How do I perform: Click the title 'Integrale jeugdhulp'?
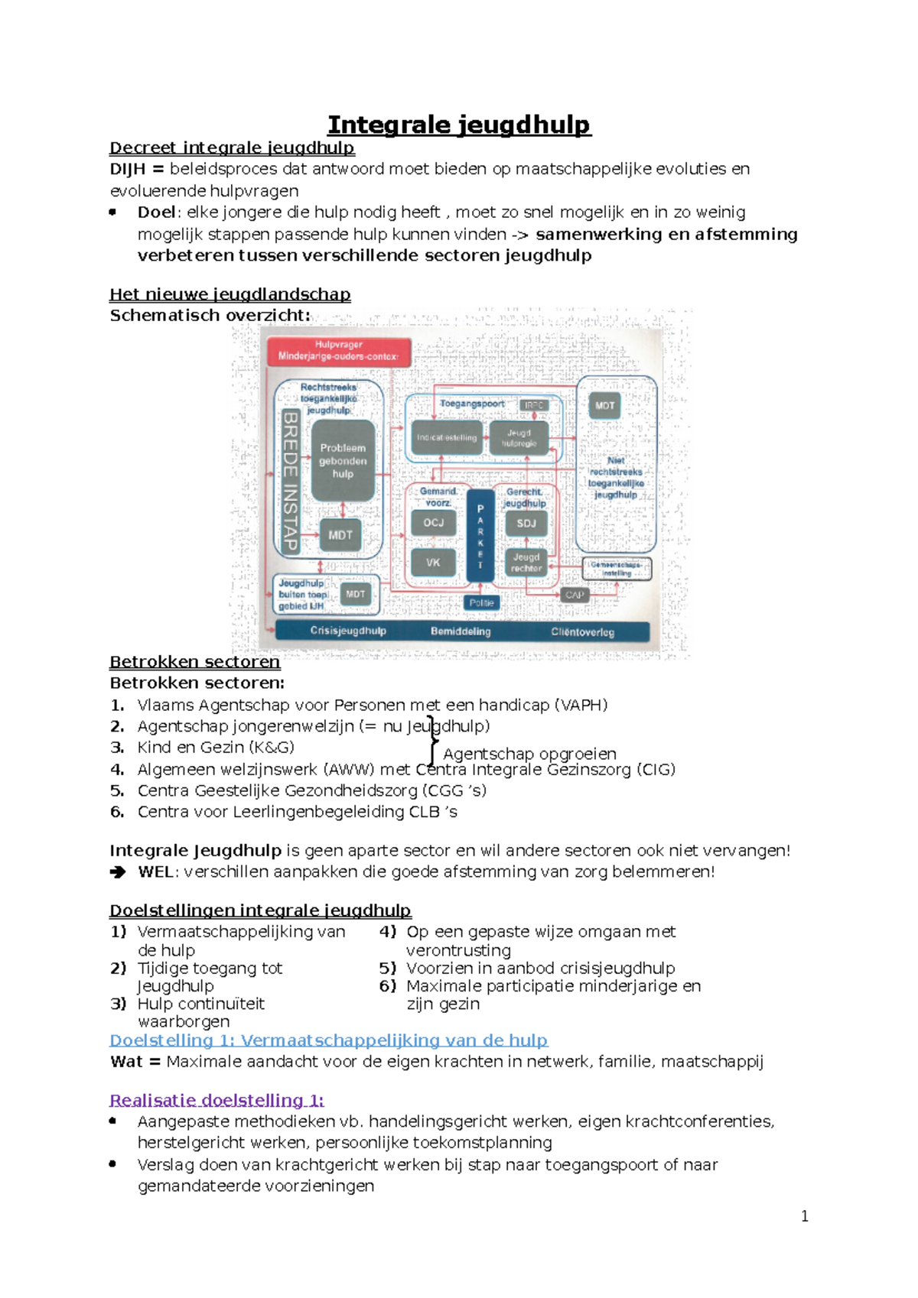coord(459,125)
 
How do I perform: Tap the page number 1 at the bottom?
coord(804,1216)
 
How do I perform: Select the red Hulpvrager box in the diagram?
coord(338,351)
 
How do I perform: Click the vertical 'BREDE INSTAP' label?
coord(290,481)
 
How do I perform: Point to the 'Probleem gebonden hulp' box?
coord(343,461)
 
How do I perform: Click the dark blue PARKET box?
coord(480,536)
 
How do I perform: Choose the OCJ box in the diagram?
coord(434,523)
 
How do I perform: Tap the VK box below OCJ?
coord(433,563)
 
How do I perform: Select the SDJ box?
coord(526,524)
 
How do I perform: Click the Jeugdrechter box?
coord(526,563)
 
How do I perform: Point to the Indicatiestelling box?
coord(447,438)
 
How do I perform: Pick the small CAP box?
coord(575,595)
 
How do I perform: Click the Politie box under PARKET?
coord(481,603)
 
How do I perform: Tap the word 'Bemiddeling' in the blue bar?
coord(461,631)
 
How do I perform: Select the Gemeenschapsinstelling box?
coord(617,569)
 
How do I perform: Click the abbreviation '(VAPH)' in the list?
coord(581,705)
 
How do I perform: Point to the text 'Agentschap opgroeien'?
coord(529,754)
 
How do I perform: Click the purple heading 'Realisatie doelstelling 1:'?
coord(216,1100)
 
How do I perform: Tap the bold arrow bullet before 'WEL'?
coord(118,872)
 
